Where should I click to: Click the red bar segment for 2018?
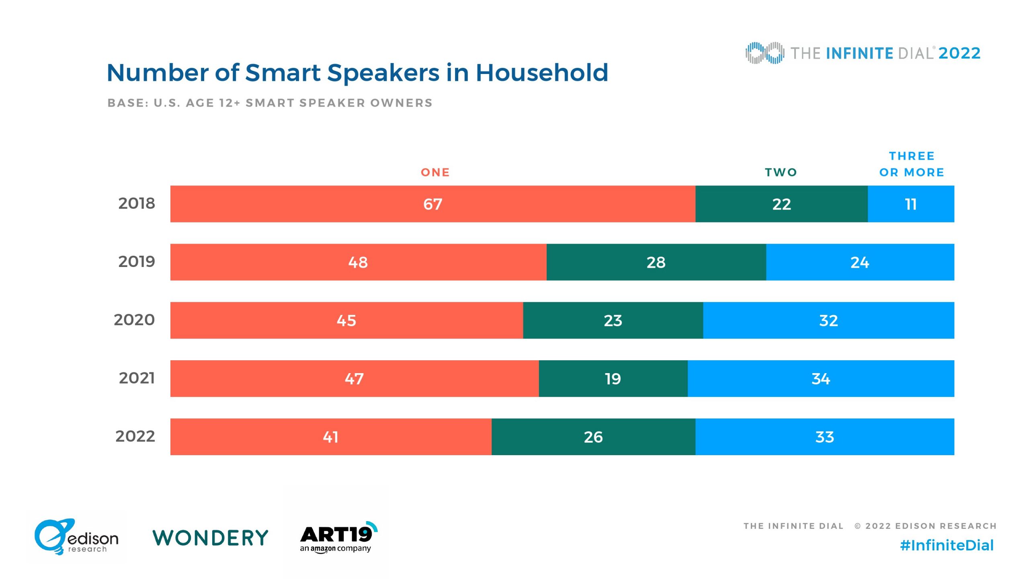(x=433, y=204)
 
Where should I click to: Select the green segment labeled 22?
(x=781, y=204)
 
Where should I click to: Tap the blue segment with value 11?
(x=910, y=204)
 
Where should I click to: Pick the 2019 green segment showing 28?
(x=656, y=262)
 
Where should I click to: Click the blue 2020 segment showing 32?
(x=828, y=320)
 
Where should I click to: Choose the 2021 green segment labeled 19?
(x=613, y=379)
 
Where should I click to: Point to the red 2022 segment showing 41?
(x=330, y=437)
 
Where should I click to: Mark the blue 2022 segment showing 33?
(x=824, y=437)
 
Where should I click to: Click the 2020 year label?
(x=134, y=320)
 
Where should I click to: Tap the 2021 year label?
(x=137, y=378)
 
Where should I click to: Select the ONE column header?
(x=435, y=172)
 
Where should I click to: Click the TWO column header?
(x=781, y=172)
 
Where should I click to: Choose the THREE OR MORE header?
(x=911, y=164)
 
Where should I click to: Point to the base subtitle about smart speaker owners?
(x=270, y=103)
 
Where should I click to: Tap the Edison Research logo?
(x=76, y=537)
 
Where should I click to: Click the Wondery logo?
(x=210, y=538)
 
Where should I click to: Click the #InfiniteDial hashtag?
(x=947, y=546)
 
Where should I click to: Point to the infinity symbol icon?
(x=765, y=53)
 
